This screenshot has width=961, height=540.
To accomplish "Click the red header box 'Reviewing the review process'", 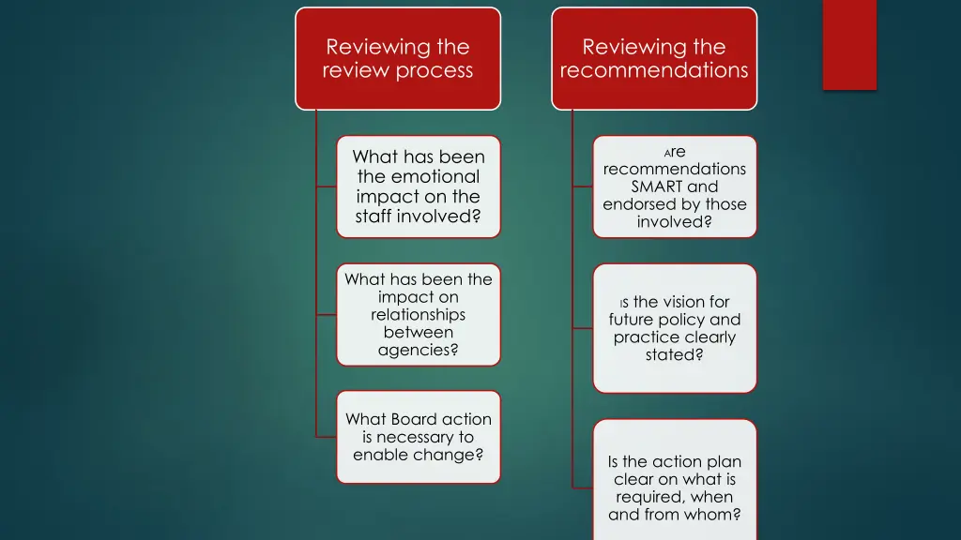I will [398, 58].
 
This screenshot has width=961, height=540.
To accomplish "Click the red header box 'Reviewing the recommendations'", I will [654, 58].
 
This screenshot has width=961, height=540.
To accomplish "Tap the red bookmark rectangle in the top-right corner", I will [849, 44].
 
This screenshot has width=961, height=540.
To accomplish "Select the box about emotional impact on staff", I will [419, 187].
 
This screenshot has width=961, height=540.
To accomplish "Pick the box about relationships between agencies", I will [419, 314].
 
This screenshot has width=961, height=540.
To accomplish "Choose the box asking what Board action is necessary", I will [419, 437].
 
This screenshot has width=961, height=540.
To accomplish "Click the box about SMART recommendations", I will [675, 187].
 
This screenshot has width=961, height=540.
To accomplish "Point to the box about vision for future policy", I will [675, 328].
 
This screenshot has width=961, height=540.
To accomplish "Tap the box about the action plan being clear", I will [675, 480].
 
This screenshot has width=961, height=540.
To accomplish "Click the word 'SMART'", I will [658, 187].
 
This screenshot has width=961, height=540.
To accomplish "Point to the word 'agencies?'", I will [419, 351].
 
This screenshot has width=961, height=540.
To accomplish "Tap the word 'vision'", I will [681, 302].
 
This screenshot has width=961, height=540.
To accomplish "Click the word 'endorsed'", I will [635, 204].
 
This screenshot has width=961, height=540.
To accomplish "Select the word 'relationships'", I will [419, 314].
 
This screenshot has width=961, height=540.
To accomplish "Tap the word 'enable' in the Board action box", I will [381, 455].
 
